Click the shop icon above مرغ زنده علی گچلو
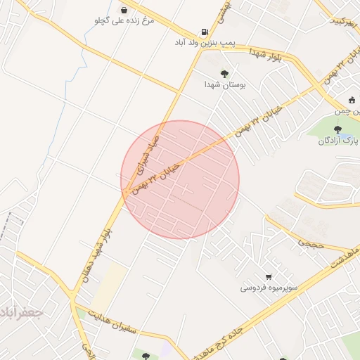tap(124, 11)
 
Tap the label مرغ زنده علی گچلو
tap(124, 21)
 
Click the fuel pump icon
tap(205, 32)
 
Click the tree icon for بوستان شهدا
tap(224, 73)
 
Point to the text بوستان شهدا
tap(224, 84)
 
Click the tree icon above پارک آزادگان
tap(338, 129)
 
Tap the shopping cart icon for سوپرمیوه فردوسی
tap(269, 276)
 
